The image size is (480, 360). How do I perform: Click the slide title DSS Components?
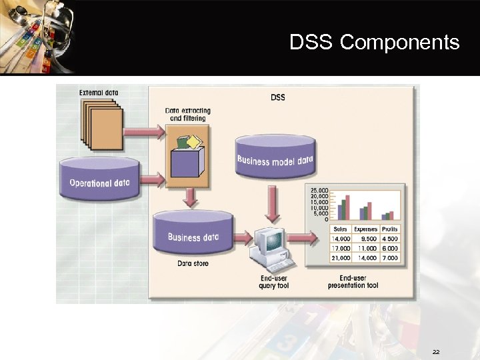click(374, 43)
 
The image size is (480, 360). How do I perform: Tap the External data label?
click(99, 93)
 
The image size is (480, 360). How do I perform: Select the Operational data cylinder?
click(99, 180)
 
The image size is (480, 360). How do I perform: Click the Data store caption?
click(193, 264)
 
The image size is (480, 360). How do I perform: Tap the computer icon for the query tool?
click(269, 246)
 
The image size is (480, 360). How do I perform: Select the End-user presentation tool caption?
click(353, 281)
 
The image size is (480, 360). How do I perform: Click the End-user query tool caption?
click(273, 281)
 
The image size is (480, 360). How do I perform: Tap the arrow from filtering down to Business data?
click(191, 197)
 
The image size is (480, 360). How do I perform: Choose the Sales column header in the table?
click(340, 229)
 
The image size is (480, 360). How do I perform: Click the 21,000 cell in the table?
click(340, 258)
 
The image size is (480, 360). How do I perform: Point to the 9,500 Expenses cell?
click(366, 239)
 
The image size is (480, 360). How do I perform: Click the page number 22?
click(435, 351)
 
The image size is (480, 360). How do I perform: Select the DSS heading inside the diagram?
click(277, 97)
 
